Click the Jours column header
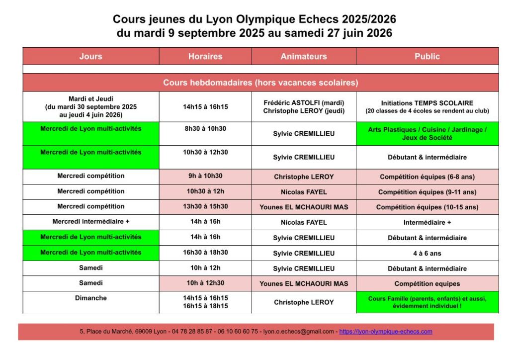coord(90,56)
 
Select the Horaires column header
coord(205,56)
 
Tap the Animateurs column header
coord(304,56)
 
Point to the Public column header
coord(427,56)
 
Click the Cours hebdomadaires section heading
coord(260,83)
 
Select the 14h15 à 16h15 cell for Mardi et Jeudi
coord(205,107)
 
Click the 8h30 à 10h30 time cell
coord(205,129)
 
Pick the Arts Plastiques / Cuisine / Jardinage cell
coord(427,133)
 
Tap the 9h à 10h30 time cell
coord(205,177)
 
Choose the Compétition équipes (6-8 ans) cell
coord(427,177)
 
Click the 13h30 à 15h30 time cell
coord(205,207)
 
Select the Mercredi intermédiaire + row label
coord(90,222)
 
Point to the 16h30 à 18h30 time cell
coord(205,253)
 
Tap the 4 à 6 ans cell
coord(427,253)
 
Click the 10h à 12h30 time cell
coord(205,283)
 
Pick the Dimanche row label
coord(90,298)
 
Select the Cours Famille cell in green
coord(427,302)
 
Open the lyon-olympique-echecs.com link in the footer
coord(385,332)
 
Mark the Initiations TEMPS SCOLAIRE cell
coord(427,107)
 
